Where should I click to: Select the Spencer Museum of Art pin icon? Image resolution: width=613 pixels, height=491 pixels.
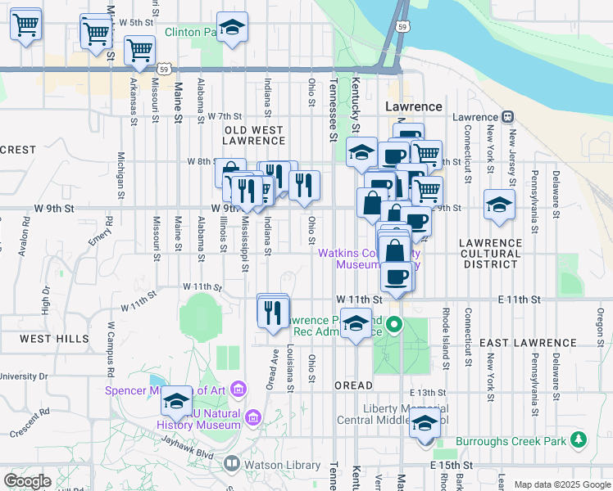click(239, 388)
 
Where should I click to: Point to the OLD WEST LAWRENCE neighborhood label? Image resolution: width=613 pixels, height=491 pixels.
click(254, 136)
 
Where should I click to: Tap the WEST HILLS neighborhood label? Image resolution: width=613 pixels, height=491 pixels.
click(55, 339)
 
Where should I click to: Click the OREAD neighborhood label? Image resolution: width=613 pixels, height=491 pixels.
click(353, 385)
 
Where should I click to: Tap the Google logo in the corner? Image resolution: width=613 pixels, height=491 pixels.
click(27, 481)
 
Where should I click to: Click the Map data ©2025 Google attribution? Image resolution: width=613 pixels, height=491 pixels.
click(561, 484)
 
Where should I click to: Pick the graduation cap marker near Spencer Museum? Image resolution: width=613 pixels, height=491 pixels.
click(176, 402)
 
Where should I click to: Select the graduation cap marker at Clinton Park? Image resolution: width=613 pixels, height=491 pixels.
click(232, 28)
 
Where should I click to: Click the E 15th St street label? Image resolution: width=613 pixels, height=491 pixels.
click(452, 465)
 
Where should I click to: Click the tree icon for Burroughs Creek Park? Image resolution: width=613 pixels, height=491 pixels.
click(579, 440)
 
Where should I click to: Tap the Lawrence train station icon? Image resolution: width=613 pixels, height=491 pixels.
click(509, 117)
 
